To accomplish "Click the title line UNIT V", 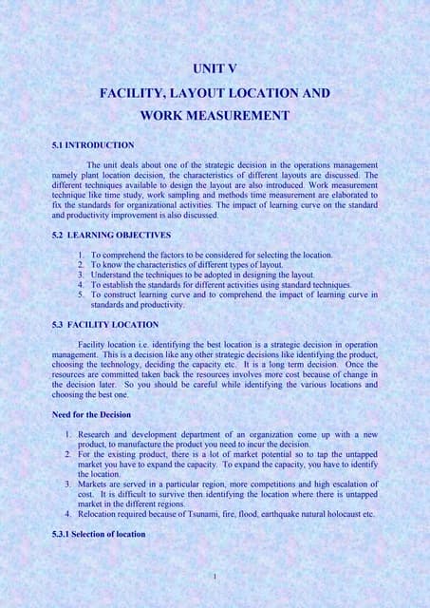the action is point(214,69).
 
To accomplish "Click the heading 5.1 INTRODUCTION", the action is point(93,144).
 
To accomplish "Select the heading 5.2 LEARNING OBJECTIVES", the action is point(99,234).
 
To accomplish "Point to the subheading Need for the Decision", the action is point(94,413).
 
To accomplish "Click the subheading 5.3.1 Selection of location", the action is point(99,533).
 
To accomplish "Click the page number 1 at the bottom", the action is point(215,576).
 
